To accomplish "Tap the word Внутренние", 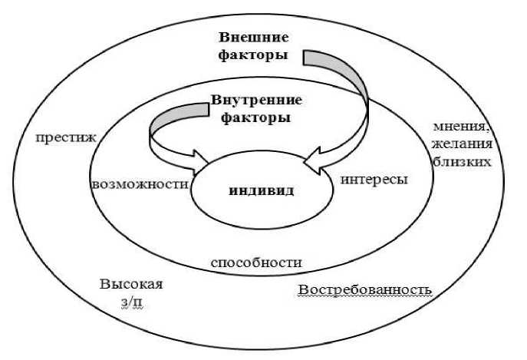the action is pos(255,101).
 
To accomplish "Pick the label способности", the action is pos(255,262).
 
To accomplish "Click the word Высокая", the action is pos(131,284).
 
